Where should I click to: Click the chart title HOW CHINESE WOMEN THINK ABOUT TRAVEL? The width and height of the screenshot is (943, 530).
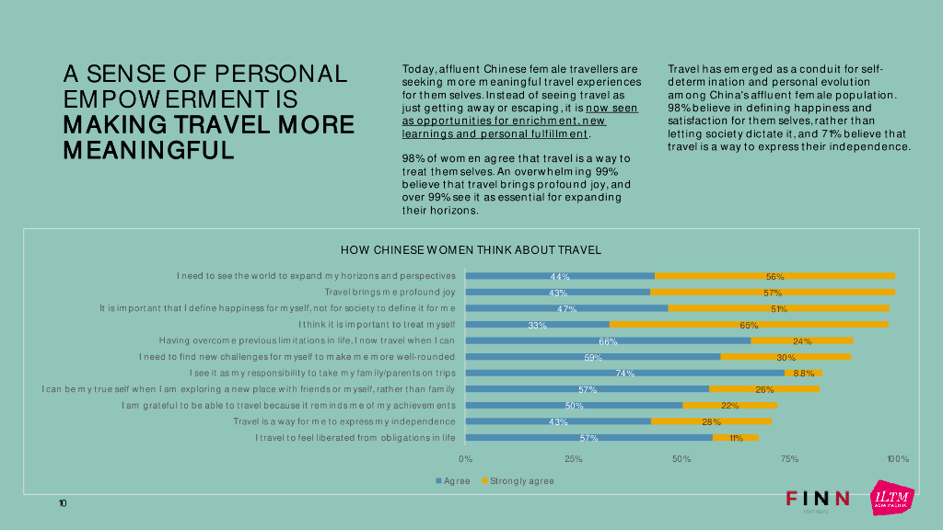[471, 249]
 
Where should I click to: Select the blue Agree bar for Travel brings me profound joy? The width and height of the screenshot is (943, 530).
[557, 293]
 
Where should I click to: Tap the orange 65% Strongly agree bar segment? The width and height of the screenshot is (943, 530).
[749, 325]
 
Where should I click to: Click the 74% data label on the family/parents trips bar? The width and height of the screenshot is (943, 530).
[625, 374]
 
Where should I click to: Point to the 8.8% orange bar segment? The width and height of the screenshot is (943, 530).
[803, 374]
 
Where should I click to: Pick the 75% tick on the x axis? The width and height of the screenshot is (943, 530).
[789, 458]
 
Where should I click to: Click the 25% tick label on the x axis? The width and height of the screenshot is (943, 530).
[573, 458]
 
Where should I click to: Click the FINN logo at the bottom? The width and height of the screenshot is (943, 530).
[818, 499]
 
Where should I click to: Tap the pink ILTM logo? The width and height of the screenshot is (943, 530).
[892, 498]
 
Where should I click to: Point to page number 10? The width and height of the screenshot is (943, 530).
[62, 503]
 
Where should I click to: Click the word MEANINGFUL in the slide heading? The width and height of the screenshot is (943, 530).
[148, 150]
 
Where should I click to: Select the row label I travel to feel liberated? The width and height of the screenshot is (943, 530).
[355, 438]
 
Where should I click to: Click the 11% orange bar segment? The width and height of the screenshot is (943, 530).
[735, 438]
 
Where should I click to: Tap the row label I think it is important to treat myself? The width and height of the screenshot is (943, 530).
[378, 325]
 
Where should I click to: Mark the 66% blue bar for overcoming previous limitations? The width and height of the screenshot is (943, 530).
[608, 340]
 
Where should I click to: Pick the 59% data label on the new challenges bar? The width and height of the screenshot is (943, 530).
[593, 357]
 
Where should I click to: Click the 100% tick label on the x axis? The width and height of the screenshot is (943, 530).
[897, 458]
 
